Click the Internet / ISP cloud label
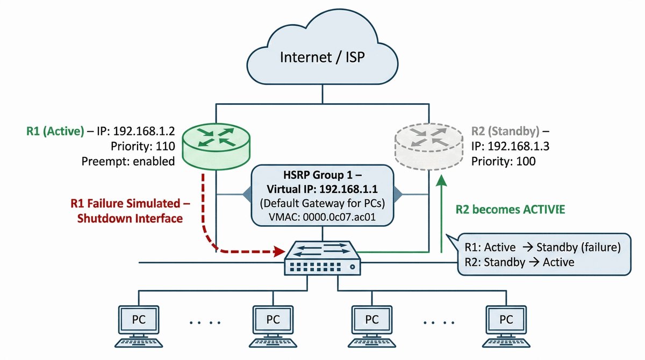pyautogui.click(x=322, y=57)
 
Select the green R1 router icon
pyautogui.click(x=216, y=147)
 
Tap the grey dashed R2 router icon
pyautogui.click(x=429, y=147)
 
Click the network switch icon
pyautogui.click(x=322, y=258)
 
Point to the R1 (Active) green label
pyautogui.click(x=55, y=131)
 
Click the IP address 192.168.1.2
pyautogui.click(x=144, y=131)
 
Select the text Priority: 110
pyautogui.click(x=143, y=146)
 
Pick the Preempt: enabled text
pyautogui.click(x=128, y=161)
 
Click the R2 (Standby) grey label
pyautogui.click(x=505, y=131)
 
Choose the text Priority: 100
pyautogui.click(x=503, y=161)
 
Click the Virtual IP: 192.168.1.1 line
pyautogui.click(x=322, y=189)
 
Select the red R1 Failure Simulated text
pyautogui.click(x=130, y=204)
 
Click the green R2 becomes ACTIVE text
pyautogui.click(x=510, y=209)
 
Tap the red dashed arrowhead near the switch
pyautogui.click(x=279, y=251)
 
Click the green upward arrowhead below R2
pyautogui.click(x=441, y=181)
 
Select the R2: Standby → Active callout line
pyautogui.click(x=519, y=262)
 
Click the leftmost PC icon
pyautogui.click(x=139, y=327)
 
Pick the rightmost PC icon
pyautogui.click(x=506, y=327)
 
